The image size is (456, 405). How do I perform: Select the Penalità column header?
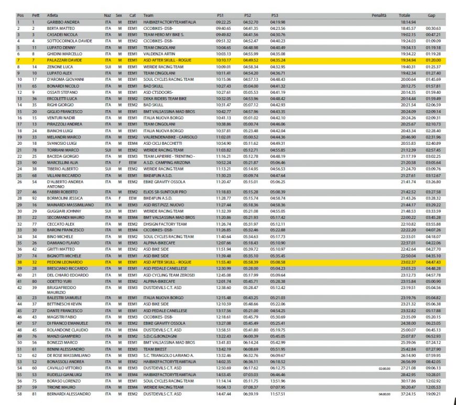[x=378, y=16]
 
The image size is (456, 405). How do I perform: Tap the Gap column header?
[x=431, y=16]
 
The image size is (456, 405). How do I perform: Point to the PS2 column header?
[x=248, y=16]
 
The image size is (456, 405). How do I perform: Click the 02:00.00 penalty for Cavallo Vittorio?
[x=385, y=369]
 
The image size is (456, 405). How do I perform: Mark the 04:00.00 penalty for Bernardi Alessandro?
[x=385, y=394]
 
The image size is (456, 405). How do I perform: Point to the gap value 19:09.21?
[x=433, y=393]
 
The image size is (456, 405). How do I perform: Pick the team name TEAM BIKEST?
[x=156, y=349]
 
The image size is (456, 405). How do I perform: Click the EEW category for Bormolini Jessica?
[x=132, y=198]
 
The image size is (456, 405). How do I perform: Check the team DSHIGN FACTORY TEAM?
[x=165, y=223]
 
